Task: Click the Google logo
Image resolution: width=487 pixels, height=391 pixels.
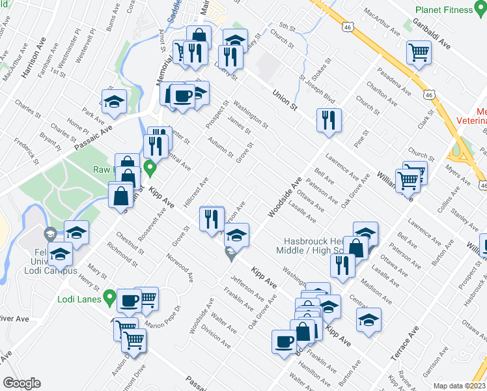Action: [21, 383]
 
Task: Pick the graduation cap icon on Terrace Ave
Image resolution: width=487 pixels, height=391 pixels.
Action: [369, 320]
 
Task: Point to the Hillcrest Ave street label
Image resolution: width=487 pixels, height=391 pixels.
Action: [195, 192]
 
